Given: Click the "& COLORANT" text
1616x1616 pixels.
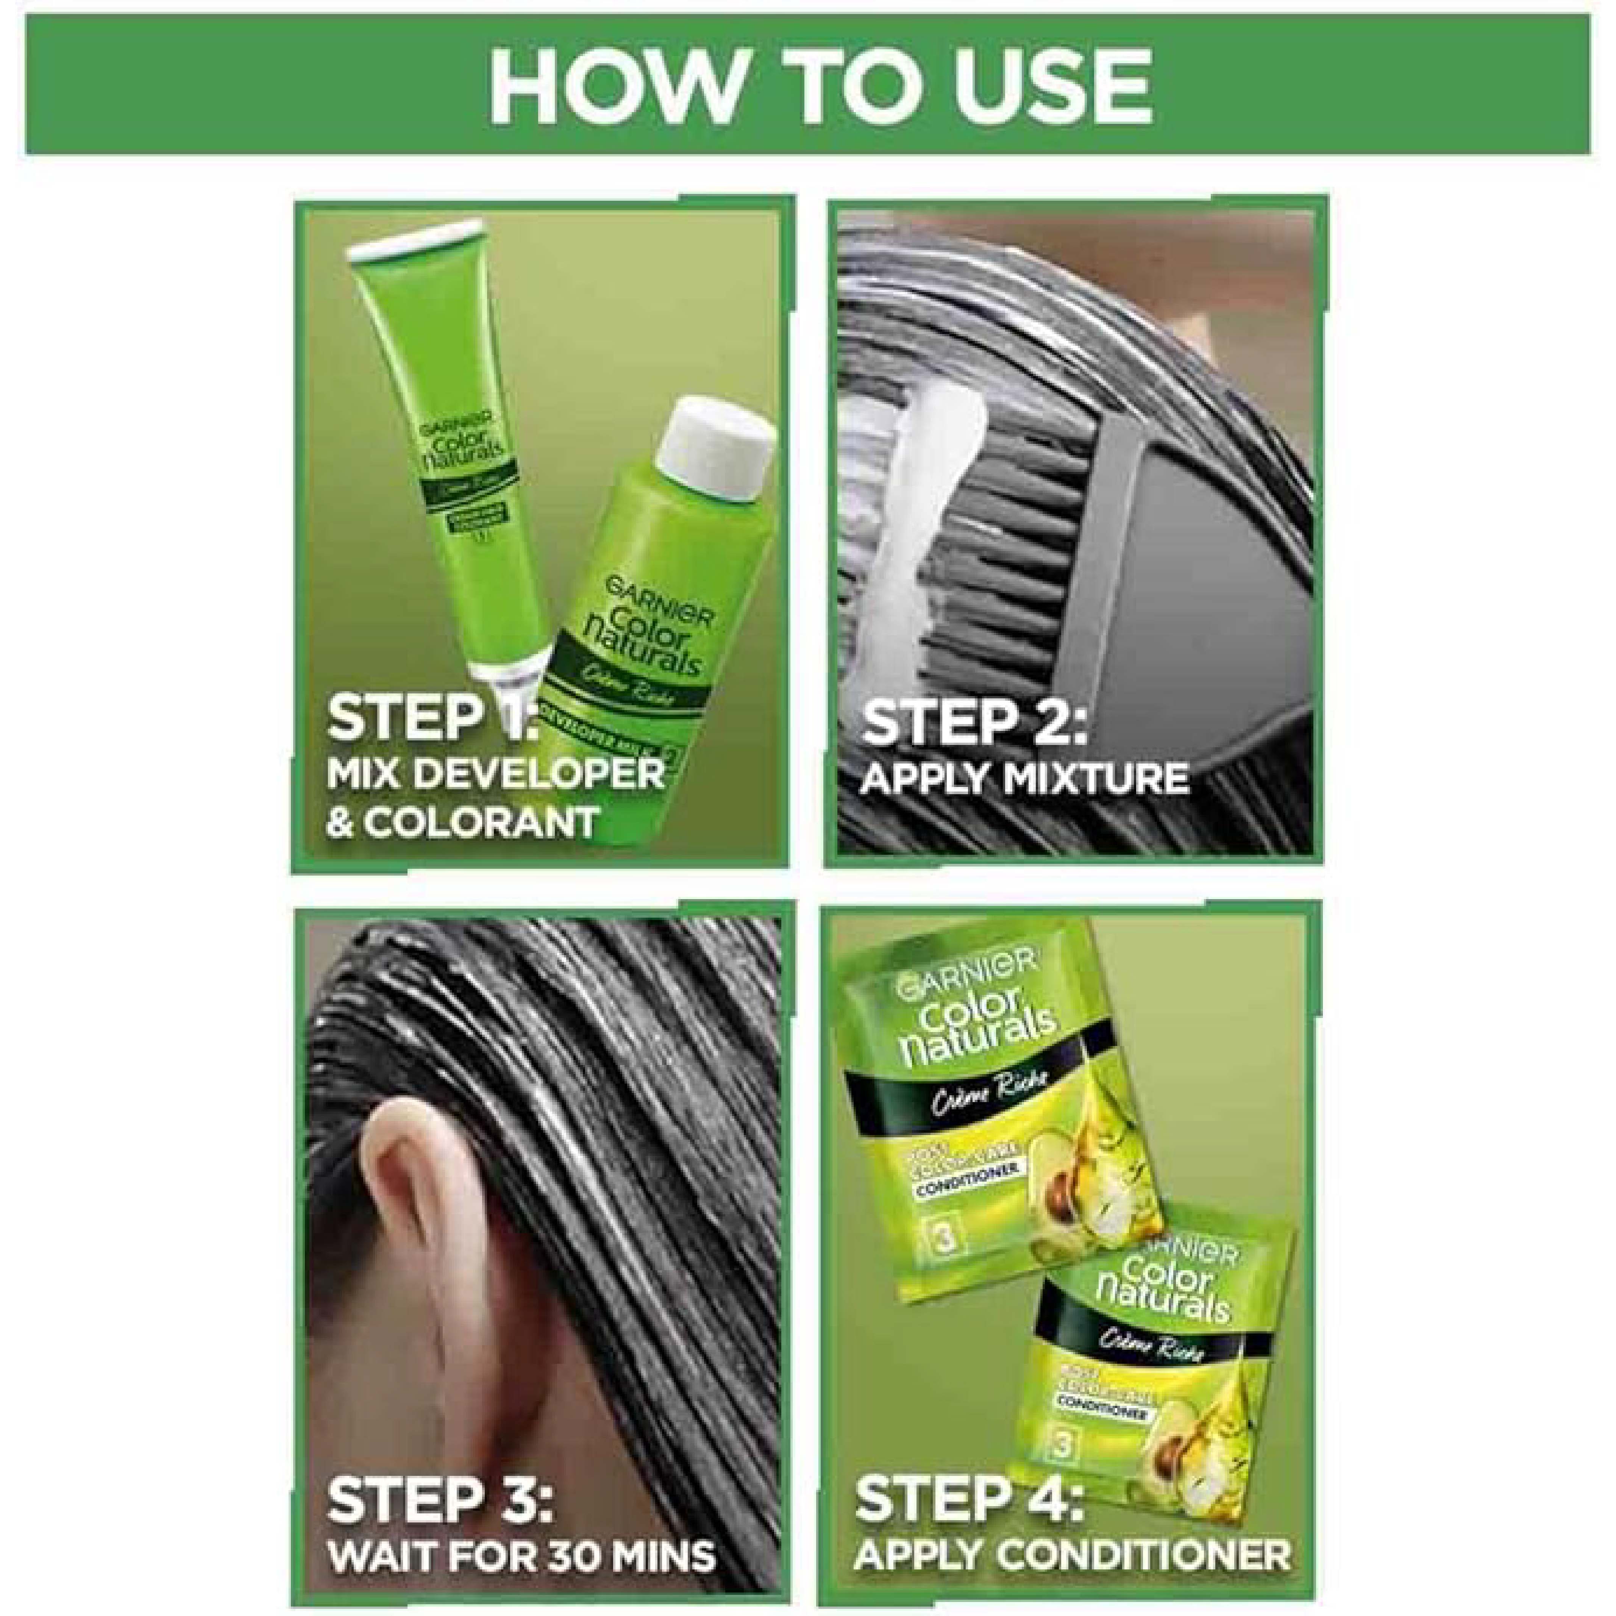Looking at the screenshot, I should pyautogui.click(x=462, y=821).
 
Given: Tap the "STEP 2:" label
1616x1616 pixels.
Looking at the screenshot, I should pyautogui.click(x=973, y=723).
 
